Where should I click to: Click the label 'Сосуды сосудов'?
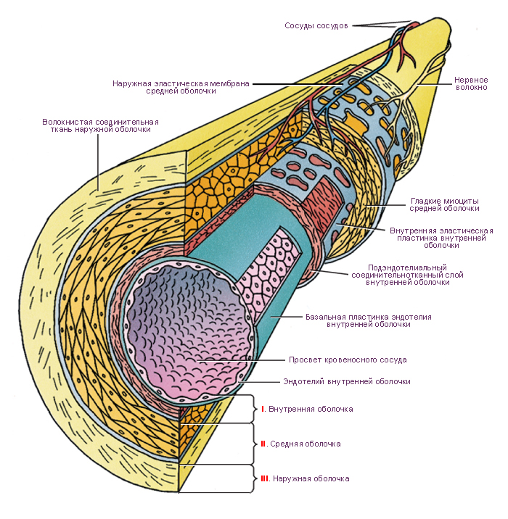tap(316, 25)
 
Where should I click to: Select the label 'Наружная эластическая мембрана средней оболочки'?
tap(181, 87)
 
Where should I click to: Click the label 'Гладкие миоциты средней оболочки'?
tap(444, 204)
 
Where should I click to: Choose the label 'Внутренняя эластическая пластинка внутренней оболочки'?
tap(441, 238)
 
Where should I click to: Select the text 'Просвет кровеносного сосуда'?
tap(348, 360)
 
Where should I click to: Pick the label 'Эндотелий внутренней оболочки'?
tap(346, 381)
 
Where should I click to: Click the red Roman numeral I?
tap(263, 410)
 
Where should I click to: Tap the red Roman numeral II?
tap(263, 443)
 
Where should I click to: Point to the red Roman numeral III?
tap(265, 478)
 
